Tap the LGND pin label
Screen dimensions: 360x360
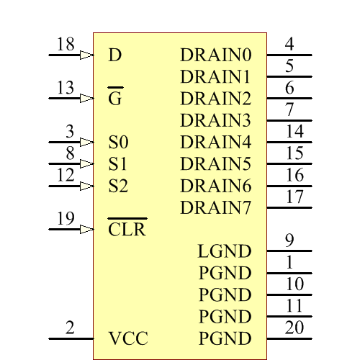pyautogui.click(x=224, y=251)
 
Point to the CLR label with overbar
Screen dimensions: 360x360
pyautogui.click(x=127, y=230)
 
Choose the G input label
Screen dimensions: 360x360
pyautogui.click(x=114, y=99)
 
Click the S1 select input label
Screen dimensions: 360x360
pyautogui.click(x=118, y=164)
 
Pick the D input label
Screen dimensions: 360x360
pyautogui.click(x=114, y=55)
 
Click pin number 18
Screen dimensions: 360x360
pyautogui.click(x=66, y=45)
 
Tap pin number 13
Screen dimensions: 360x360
pyautogui.click(x=66, y=89)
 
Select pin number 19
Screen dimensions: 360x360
pyautogui.click(x=66, y=219)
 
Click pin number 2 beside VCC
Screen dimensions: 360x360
pyautogui.click(x=70, y=328)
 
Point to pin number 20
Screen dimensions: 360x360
pyautogui.click(x=294, y=328)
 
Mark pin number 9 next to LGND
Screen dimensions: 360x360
pyautogui.click(x=289, y=240)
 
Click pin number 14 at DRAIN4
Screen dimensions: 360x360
pyautogui.click(x=294, y=132)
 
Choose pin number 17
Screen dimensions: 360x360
pyautogui.click(x=294, y=197)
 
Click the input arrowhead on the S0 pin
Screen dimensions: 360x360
pyautogui.click(x=86, y=142)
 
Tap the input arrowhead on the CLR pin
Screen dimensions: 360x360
pyautogui.click(x=86, y=230)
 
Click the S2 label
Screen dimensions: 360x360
pyautogui.click(x=118, y=186)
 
